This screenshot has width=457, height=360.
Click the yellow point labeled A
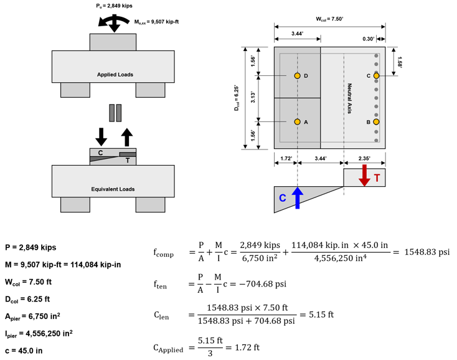point(298,121)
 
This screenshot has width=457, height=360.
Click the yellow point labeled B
point(377,121)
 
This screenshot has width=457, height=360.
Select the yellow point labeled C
point(377,75)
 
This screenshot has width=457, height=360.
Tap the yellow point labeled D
point(298,75)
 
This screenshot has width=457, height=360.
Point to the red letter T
point(377,178)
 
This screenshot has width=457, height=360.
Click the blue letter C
point(282,198)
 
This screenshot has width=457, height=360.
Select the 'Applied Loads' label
point(115,75)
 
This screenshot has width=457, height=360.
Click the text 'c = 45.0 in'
point(26,347)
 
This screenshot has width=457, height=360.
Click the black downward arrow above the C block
point(101,134)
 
